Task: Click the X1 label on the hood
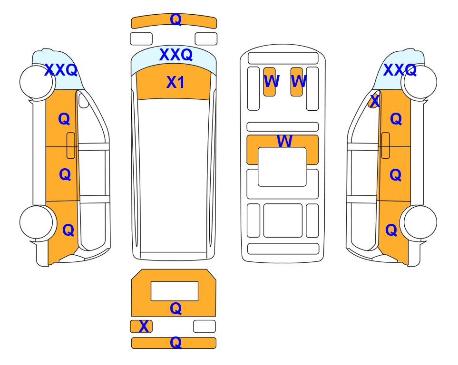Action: tap(175, 82)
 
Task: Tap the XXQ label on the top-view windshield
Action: tap(176, 55)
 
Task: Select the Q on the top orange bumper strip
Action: tap(176, 19)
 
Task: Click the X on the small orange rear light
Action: tap(144, 327)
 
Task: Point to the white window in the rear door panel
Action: tap(175, 291)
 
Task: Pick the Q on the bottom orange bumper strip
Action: tap(176, 343)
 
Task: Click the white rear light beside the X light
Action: tap(205, 326)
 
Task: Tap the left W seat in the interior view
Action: tap(270, 82)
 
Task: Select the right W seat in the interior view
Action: tap(297, 82)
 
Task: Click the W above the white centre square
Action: tap(284, 141)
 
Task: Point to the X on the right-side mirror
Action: tap(375, 101)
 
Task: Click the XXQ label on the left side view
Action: tap(61, 70)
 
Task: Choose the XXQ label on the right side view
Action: tap(400, 70)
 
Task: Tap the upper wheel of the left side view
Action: tap(38, 82)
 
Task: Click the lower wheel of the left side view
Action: tap(38, 222)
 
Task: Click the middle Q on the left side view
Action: tap(65, 174)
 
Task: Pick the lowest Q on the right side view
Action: tap(391, 230)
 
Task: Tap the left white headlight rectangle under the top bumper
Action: tap(141, 39)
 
